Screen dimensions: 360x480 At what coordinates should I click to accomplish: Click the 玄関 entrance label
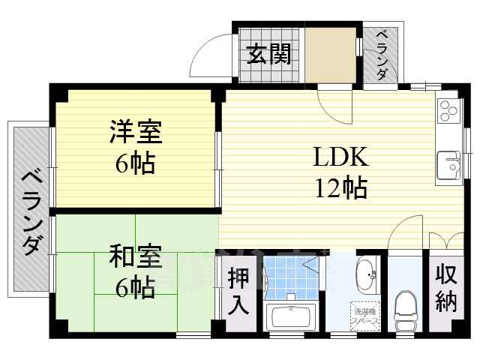(x=269, y=55)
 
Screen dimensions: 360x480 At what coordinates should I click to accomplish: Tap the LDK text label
(x=340, y=157)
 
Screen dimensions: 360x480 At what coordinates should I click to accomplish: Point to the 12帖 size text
(x=340, y=187)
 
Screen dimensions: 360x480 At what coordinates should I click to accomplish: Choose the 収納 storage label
(x=445, y=288)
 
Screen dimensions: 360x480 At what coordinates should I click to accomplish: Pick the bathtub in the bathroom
(x=292, y=316)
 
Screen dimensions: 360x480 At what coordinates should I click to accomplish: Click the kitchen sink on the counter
(x=447, y=161)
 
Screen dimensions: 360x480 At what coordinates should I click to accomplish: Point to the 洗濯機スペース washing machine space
(x=364, y=314)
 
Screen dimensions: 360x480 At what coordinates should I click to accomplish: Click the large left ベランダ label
(x=31, y=212)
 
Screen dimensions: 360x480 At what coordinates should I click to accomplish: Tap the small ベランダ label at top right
(x=382, y=55)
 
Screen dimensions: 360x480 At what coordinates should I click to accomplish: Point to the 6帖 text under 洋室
(x=136, y=163)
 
